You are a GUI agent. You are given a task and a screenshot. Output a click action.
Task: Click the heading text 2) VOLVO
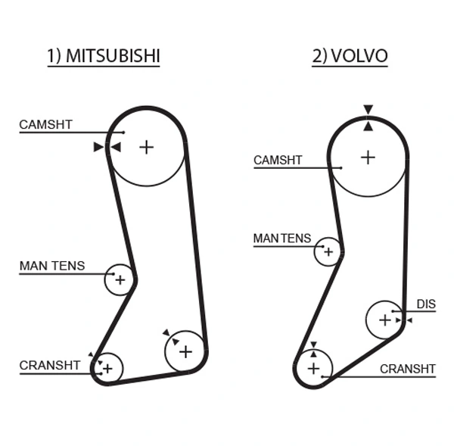click(x=350, y=57)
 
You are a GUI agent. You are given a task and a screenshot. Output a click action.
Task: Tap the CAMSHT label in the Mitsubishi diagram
click(x=46, y=124)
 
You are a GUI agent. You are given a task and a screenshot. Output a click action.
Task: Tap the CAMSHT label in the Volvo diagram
click(x=278, y=161)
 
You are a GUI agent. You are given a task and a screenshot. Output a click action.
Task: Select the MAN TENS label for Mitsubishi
click(x=52, y=267)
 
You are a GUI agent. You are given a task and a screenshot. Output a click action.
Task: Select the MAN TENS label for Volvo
click(x=281, y=239)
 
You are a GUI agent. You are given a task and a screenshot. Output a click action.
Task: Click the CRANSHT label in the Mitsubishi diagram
click(x=50, y=366)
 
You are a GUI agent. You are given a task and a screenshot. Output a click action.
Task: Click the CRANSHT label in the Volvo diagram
click(x=408, y=370)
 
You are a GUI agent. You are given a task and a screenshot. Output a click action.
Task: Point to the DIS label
click(x=426, y=305)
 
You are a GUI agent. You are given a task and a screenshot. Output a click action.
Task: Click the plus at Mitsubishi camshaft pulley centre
click(x=146, y=146)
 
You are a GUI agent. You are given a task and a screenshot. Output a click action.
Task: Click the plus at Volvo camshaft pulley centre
click(x=368, y=157)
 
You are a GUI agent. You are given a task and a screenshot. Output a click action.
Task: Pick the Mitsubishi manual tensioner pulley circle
click(x=119, y=280)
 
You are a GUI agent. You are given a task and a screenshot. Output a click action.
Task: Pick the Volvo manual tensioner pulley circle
click(x=328, y=251)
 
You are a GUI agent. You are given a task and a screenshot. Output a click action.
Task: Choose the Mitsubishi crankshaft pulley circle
click(x=107, y=368)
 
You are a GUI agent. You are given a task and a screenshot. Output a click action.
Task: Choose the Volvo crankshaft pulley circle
click(x=314, y=370)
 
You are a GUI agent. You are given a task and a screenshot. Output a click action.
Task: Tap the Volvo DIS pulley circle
click(x=385, y=320)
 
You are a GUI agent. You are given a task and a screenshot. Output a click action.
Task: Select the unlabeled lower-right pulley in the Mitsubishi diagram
click(x=185, y=351)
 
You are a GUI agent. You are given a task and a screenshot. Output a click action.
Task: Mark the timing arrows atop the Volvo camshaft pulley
click(x=368, y=118)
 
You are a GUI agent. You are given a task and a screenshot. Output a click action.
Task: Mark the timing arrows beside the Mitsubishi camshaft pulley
click(x=107, y=147)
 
